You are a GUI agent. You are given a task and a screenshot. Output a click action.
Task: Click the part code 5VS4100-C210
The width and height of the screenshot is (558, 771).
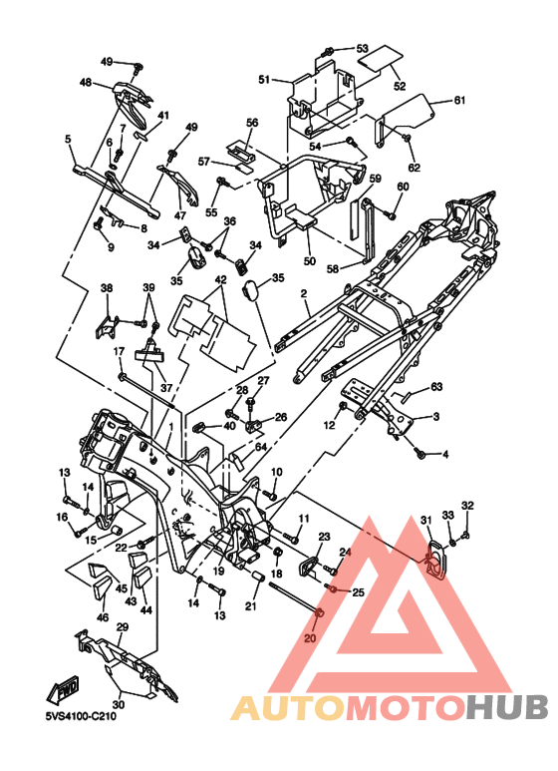(x=81, y=716)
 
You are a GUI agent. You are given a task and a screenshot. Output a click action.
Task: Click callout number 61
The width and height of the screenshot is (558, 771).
(x=458, y=101)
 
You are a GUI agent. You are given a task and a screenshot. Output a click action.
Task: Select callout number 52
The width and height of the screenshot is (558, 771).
(x=400, y=86)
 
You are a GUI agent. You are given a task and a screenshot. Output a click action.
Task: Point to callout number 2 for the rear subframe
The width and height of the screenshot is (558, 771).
(x=304, y=294)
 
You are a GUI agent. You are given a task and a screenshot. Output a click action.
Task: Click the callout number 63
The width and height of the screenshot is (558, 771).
(x=436, y=387)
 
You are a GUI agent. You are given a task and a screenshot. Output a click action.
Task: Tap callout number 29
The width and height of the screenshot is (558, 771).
(x=123, y=627)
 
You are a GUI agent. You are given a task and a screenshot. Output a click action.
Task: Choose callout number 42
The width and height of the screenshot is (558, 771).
(x=220, y=280)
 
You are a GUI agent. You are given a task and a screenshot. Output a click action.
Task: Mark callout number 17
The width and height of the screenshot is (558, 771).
(x=120, y=351)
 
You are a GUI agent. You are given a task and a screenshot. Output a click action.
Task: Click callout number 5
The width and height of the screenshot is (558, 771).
(x=68, y=140)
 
